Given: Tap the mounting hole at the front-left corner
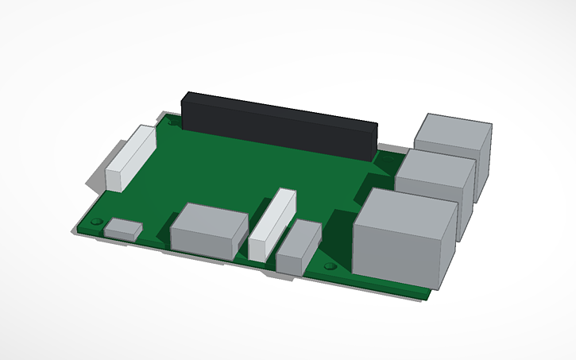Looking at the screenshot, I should pos(96,221).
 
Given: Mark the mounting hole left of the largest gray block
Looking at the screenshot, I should pos(330,266).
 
